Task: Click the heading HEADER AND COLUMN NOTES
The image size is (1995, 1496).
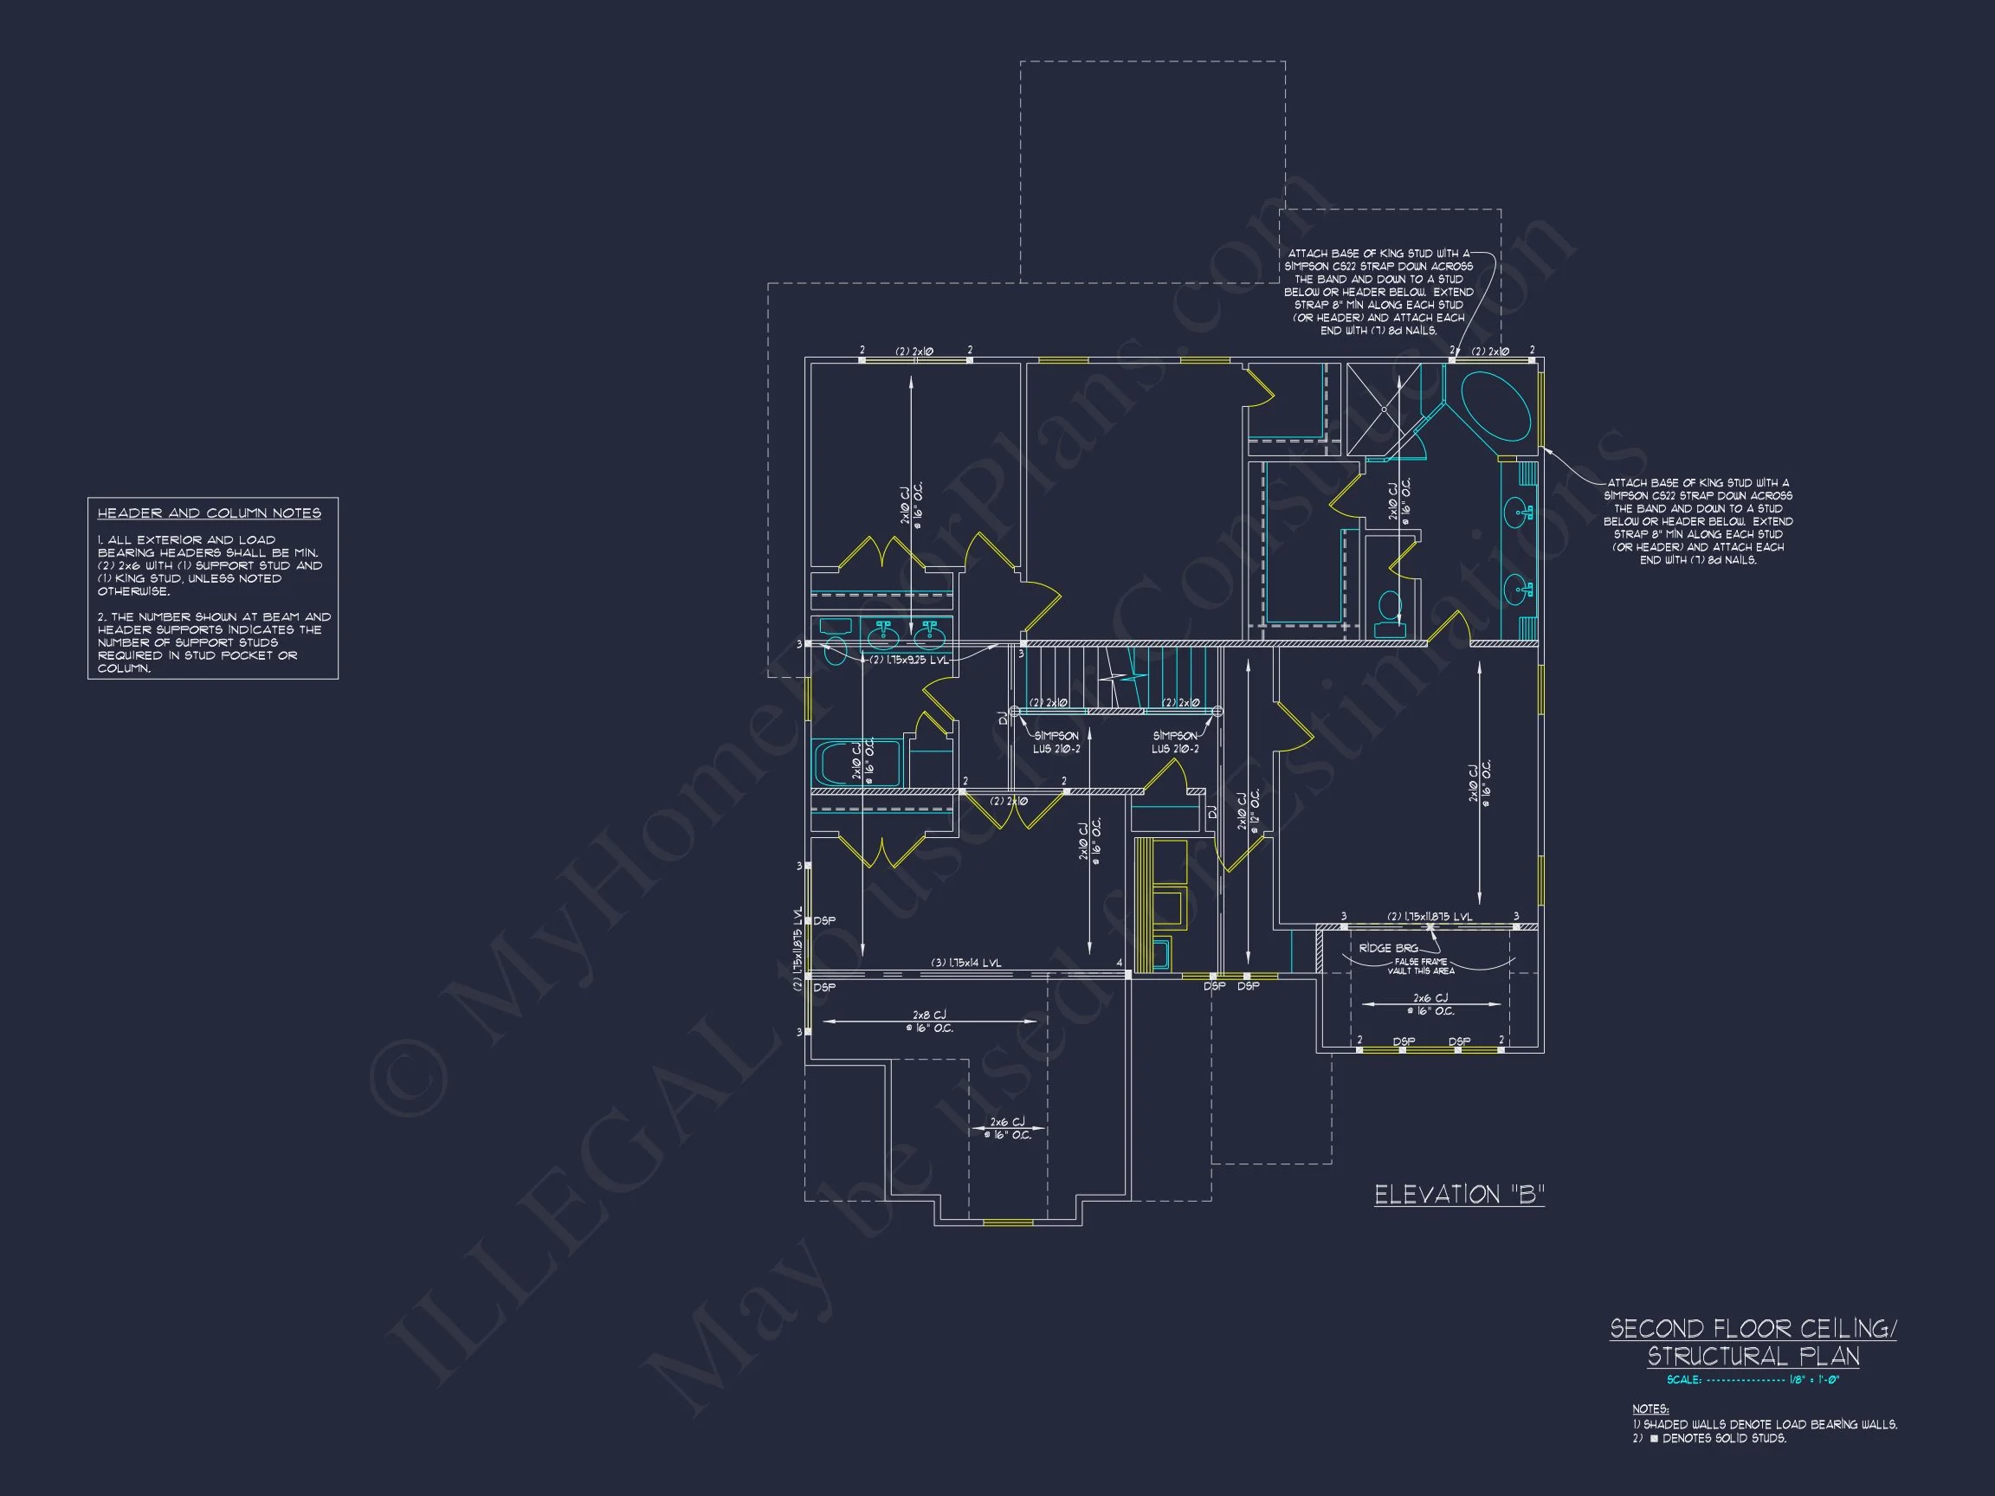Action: point(210,513)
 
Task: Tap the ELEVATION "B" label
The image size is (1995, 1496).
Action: point(1458,1195)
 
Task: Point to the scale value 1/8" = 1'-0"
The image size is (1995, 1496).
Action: point(1814,1380)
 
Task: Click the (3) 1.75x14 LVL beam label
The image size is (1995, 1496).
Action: point(966,963)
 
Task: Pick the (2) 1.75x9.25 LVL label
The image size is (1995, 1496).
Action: point(909,660)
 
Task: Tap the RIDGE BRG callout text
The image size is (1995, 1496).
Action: point(1388,948)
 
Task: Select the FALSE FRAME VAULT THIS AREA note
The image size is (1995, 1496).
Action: point(1421,967)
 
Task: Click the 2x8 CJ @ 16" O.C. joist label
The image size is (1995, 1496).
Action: point(930,1022)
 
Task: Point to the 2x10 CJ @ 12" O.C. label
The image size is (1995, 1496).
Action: point(1249,811)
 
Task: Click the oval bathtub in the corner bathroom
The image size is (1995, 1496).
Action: point(1495,406)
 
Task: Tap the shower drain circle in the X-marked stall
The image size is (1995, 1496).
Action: point(1384,409)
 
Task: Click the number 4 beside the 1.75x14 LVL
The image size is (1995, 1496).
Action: point(1120,963)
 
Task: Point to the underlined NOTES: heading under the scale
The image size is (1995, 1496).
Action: point(1650,1409)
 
